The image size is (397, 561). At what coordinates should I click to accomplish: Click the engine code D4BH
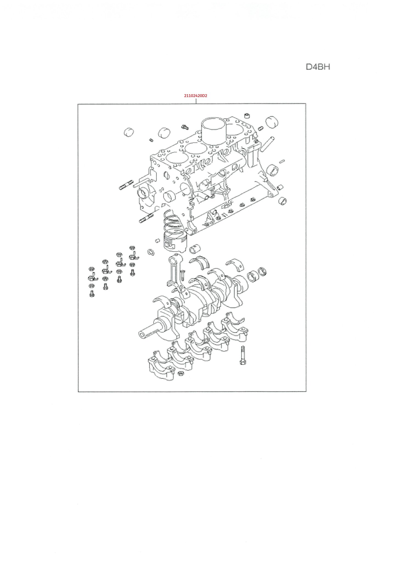(318, 67)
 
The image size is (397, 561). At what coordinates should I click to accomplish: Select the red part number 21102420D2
(195, 96)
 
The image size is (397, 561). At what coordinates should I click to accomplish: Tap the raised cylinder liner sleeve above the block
(214, 127)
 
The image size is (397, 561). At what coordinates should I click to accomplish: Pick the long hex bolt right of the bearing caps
(243, 355)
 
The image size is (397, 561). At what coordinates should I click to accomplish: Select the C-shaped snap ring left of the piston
(151, 252)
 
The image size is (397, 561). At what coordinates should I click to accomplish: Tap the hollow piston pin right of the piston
(195, 248)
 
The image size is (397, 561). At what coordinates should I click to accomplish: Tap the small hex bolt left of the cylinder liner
(185, 127)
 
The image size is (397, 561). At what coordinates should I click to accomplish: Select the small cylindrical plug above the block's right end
(248, 115)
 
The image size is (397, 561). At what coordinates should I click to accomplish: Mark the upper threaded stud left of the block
(126, 185)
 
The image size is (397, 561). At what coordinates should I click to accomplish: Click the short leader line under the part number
(196, 101)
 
